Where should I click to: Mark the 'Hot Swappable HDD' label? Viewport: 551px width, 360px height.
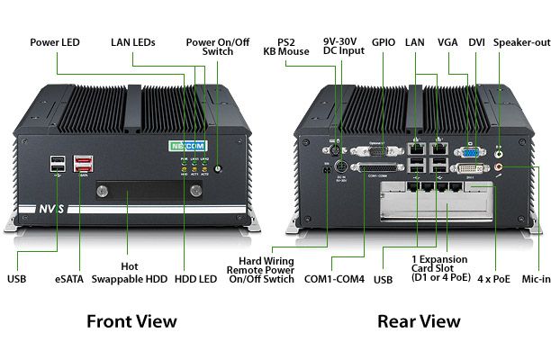pyautogui.click(x=129, y=273)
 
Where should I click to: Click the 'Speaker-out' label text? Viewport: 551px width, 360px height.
pyautogui.click(x=521, y=41)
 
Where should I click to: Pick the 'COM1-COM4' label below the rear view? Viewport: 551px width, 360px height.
pyautogui.click(x=334, y=279)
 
